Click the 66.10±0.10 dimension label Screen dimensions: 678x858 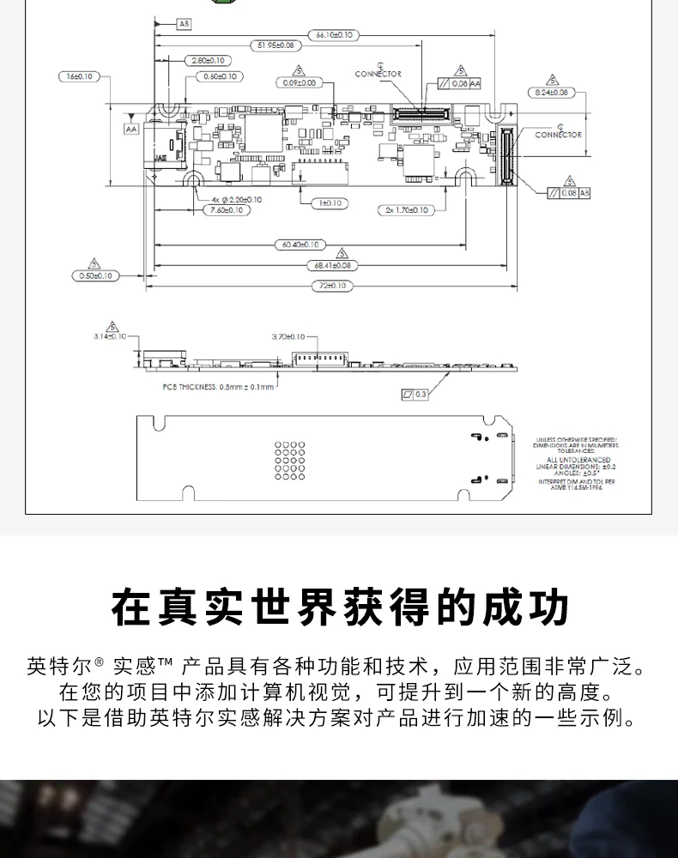(334, 35)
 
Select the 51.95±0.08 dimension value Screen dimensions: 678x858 (275, 45)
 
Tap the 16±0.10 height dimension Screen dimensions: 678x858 (79, 76)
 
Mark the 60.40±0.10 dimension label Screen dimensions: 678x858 (300, 245)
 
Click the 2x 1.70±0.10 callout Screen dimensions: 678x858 (406, 209)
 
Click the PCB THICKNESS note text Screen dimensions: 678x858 (218, 387)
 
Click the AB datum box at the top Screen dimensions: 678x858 (184, 25)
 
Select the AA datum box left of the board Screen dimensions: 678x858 (131, 129)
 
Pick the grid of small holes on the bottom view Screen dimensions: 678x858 (290, 460)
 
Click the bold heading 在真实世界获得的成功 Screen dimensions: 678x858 (339, 606)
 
